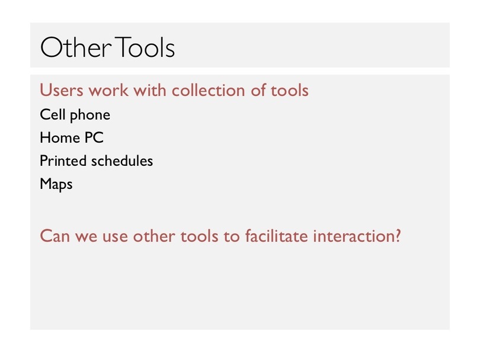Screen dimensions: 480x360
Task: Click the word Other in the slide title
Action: pos(76,47)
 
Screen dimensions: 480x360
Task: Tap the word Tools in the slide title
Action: pos(145,47)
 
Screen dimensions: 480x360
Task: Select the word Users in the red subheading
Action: pos(62,90)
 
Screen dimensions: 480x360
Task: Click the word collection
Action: pos(208,90)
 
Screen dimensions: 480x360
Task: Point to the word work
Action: pos(108,90)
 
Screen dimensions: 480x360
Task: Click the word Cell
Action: pos(52,115)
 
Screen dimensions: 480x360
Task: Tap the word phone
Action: pos(90,115)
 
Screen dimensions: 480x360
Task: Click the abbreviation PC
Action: pos(94,137)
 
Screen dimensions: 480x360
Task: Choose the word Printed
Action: pos(63,161)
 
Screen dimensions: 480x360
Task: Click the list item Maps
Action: pos(56,184)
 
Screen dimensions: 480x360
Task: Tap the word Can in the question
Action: pos(55,236)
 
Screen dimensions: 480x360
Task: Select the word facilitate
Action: pos(276,236)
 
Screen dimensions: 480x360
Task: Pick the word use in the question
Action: pos(115,237)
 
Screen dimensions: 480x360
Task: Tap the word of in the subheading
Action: pos(258,90)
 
